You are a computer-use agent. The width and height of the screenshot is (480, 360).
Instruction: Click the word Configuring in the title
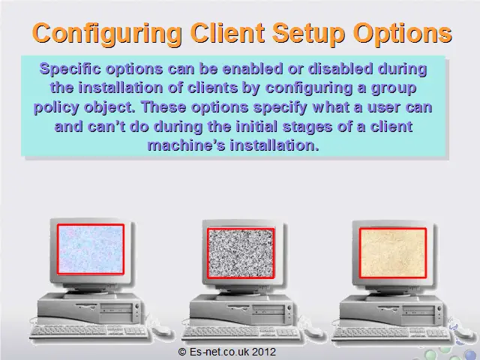(106, 34)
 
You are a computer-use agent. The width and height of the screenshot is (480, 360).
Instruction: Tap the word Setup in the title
(308, 33)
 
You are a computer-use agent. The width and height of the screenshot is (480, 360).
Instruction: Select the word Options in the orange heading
(403, 33)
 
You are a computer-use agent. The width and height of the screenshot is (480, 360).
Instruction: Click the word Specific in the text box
(70, 69)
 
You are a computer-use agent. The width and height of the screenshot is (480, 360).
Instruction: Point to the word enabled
(252, 68)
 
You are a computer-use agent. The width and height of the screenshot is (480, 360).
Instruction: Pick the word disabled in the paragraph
(340, 68)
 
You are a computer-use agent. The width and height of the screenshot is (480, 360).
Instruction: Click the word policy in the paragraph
(56, 108)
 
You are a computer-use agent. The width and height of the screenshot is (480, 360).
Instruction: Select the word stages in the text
(307, 127)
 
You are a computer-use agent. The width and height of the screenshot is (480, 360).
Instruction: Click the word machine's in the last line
(186, 145)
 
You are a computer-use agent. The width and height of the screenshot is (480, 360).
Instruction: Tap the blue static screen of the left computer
(91, 249)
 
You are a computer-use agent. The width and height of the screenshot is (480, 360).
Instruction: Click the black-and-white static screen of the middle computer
(241, 253)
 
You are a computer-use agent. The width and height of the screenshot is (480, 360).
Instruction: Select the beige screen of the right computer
(393, 253)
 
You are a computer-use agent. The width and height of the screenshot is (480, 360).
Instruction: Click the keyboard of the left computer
(88, 331)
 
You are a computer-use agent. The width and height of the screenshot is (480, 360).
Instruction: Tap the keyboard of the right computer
(391, 333)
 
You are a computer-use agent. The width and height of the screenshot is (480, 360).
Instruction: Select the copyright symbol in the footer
(182, 352)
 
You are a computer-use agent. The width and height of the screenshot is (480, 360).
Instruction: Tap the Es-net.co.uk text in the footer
(220, 352)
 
